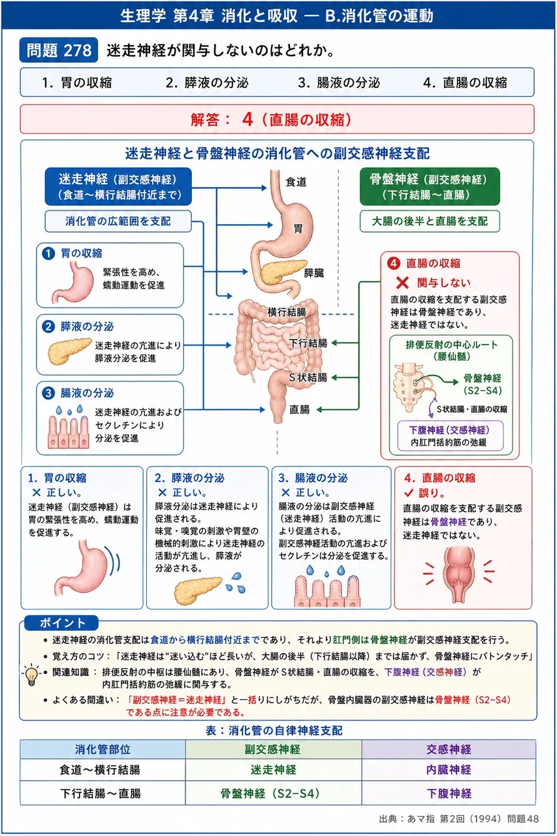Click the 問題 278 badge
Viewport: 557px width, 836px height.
click(x=59, y=50)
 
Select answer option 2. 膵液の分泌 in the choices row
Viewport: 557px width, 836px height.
click(x=207, y=82)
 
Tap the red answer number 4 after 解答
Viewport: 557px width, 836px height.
click(x=247, y=120)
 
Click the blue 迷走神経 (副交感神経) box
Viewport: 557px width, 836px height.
click(x=118, y=187)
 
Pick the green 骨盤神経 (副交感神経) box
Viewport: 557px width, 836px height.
click(x=430, y=187)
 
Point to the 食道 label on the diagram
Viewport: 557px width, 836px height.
click(x=296, y=182)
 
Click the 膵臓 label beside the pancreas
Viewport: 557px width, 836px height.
click(x=313, y=273)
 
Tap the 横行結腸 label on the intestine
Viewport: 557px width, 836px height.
click(x=287, y=312)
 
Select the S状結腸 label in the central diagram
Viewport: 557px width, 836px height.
click(x=308, y=378)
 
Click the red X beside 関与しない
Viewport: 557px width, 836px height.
click(x=402, y=283)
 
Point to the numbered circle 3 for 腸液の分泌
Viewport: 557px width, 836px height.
click(x=48, y=393)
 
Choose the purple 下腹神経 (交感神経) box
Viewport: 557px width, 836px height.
click(x=451, y=436)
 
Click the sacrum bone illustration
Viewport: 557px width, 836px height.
click(x=407, y=387)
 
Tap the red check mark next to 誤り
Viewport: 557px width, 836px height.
click(x=409, y=493)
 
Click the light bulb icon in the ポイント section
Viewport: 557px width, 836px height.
click(x=31, y=675)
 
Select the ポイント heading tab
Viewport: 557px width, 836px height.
click(x=61, y=623)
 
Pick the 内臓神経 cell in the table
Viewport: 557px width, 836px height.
click(x=449, y=769)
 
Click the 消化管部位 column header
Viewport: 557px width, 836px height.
click(x=103, y=749)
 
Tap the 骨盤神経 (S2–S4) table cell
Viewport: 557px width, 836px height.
click(x=274, y=793)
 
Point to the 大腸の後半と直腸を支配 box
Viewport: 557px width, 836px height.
click(x=430, y=221)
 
